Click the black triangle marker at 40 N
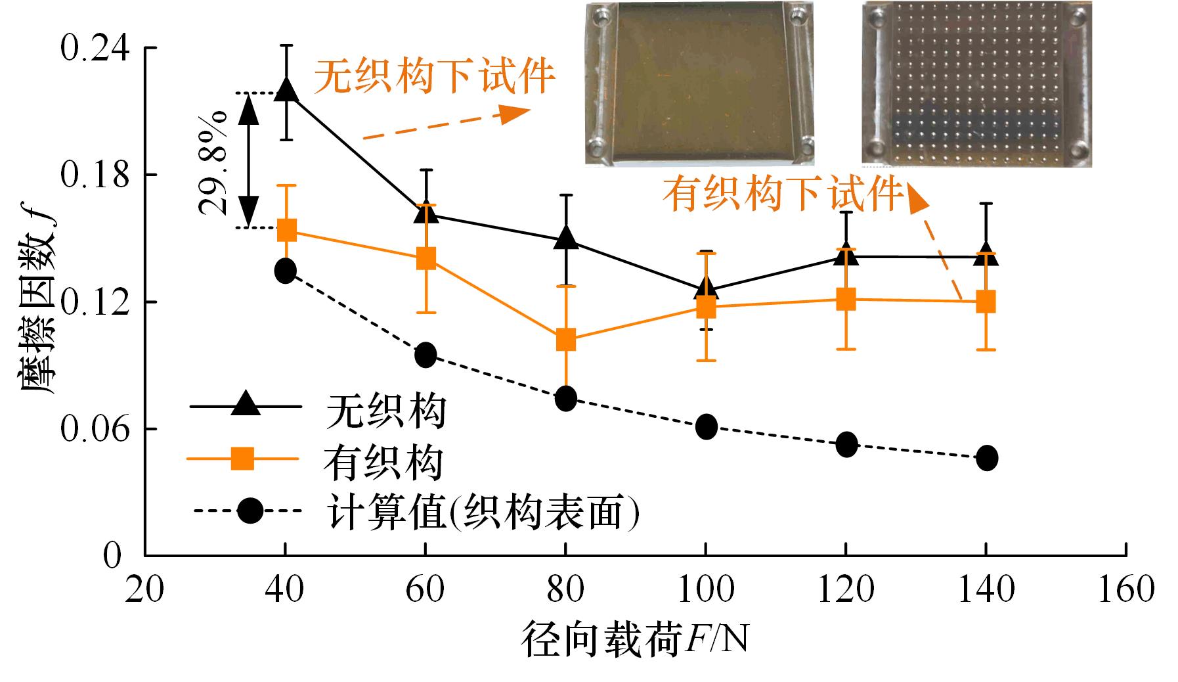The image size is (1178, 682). (286, 89)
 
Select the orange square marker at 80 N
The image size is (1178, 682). (566, 340)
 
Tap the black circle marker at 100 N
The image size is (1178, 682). (706, 427)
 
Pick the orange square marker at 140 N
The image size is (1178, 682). (986, 302)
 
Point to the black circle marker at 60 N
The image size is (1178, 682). (425, 355)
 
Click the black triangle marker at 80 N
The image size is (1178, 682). (566, 239)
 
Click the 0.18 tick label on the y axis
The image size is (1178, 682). (91, 175)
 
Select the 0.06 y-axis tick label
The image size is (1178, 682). (91, 429)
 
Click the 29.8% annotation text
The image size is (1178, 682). (213, 162)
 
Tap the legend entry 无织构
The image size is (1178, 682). (387, 411)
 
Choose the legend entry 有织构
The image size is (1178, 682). (383, 462)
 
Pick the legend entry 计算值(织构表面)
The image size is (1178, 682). (483, 513)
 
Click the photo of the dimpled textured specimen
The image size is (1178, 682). (976, 84)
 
